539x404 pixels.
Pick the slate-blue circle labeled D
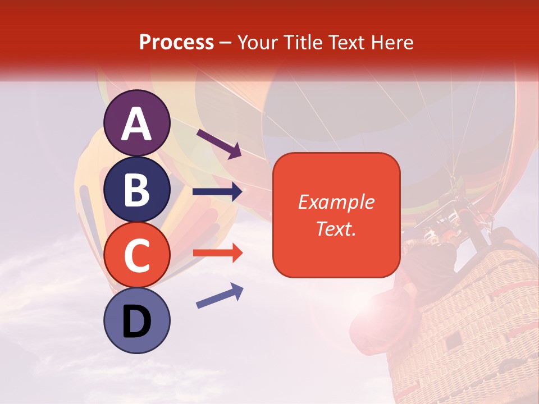pyautogui.click(x=137, y=320)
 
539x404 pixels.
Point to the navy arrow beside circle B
pyautogui.click(x=217, y=192)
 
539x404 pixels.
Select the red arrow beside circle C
pyautogui.click(x=218, y=253)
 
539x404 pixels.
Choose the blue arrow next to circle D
pyautogui.click(x=220, y=296)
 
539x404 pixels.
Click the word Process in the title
pyautogui.click(x=176, y=42)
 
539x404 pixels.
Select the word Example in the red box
pyautogui.click(x=336, y=202)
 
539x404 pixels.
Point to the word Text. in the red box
pyautogui.click(x=336, y=228)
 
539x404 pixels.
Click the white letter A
pyautogui.click(x=137, y=124)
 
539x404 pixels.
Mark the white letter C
pyautogui.click(x=137, y=255)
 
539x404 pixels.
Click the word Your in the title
pyautogui.click(x=257, y=42)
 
